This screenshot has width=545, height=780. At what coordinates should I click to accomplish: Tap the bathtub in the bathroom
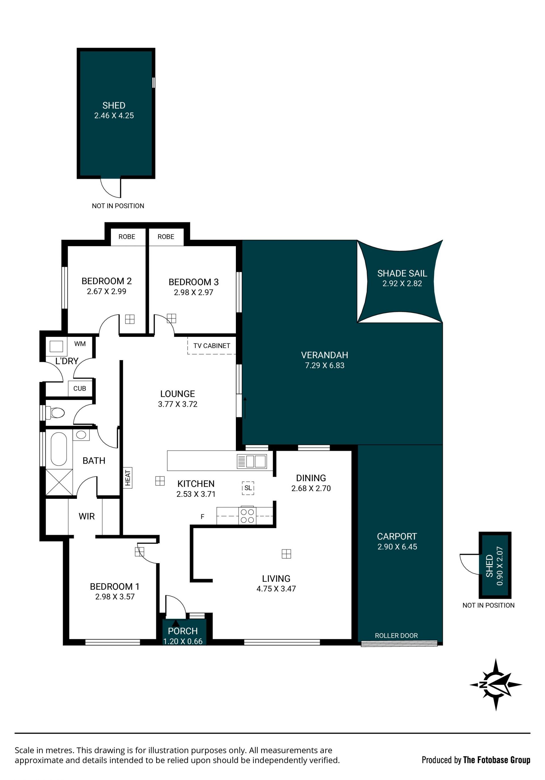coord(59,449)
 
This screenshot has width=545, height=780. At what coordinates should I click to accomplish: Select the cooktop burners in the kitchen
coord(247,516)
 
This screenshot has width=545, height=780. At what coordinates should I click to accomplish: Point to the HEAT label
coord(128,478)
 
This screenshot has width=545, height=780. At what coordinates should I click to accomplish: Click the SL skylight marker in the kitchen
coord(248,488)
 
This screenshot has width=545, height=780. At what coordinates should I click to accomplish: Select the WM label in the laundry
coord(80,344)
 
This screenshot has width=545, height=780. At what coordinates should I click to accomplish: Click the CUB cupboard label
coord(80,388)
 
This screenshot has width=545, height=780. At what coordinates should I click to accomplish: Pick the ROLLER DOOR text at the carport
coord(396,636)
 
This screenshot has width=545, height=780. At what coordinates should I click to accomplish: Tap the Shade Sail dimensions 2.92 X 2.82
coord(402,283)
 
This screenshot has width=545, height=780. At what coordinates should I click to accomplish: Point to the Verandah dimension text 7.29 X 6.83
coord(325,366)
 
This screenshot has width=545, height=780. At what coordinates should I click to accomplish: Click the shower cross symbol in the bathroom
coord(59,482)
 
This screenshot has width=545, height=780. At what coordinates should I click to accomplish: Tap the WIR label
coord(87,516)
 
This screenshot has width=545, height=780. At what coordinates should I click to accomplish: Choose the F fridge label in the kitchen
coord(202,517)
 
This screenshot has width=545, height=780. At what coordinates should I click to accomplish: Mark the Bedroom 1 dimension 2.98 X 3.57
coord(115,597)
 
